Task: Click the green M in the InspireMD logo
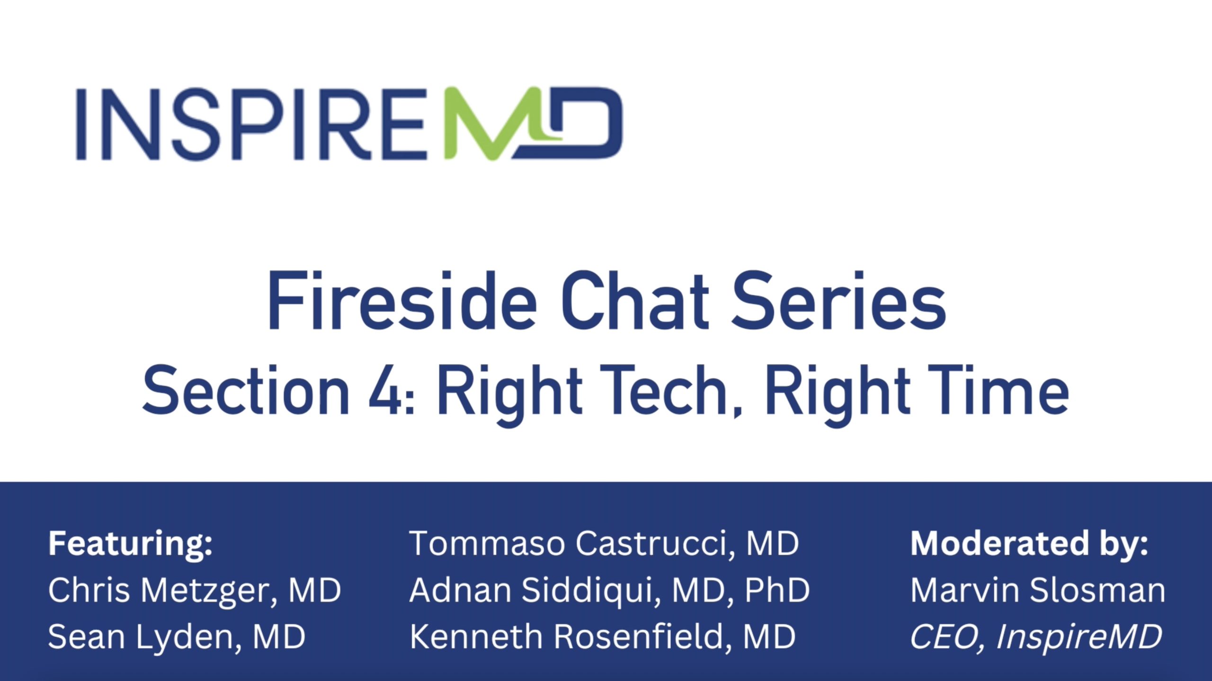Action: (x=492, y=124)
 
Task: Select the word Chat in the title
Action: (x=635, y=301)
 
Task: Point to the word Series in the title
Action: (x=838, y=301)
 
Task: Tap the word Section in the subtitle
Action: (x=246, y=391)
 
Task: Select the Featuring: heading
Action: (x=131, y=545)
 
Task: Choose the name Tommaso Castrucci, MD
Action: (x=604, y=544)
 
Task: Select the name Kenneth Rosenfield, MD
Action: (x=602, y=636)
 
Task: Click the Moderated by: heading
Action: (x=1029, y=544)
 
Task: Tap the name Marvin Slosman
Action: (x=1038, y=591)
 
